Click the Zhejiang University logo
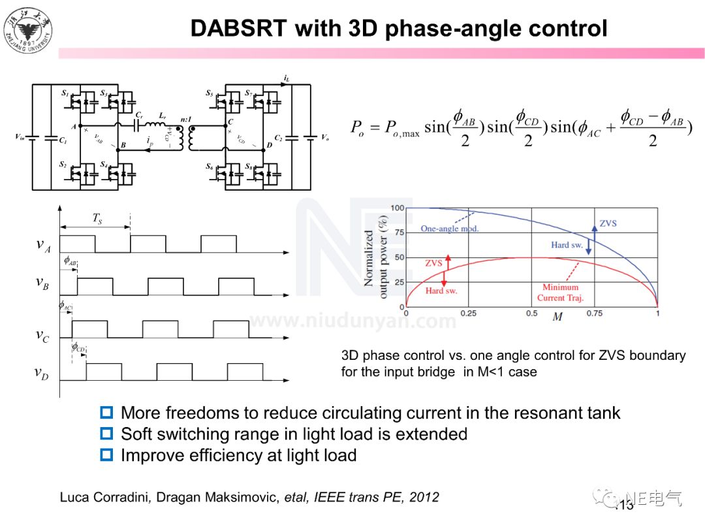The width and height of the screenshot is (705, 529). tap(28, 30)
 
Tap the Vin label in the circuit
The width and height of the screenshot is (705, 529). tap(20, 137)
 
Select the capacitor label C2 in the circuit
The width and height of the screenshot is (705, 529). tap(279, 139)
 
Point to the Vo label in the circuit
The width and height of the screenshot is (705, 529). tap(326, 137)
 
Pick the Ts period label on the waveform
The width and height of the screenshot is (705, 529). tap(96, 220)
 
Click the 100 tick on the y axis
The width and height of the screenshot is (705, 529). tap(398, 208)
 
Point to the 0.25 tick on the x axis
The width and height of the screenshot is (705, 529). tap(468, 313)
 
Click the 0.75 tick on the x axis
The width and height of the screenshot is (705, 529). tap(594, 313)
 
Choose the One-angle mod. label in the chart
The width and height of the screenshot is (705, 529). tap(450, 229)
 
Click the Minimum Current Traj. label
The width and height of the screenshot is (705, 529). tap(560, 293)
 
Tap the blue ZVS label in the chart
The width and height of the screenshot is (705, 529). tap(608, 223)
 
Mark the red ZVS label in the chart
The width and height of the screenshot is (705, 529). tap(434, 263)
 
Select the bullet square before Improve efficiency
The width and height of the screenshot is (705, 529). tap(106, 455)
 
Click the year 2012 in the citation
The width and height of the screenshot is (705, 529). tap(424, 498)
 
